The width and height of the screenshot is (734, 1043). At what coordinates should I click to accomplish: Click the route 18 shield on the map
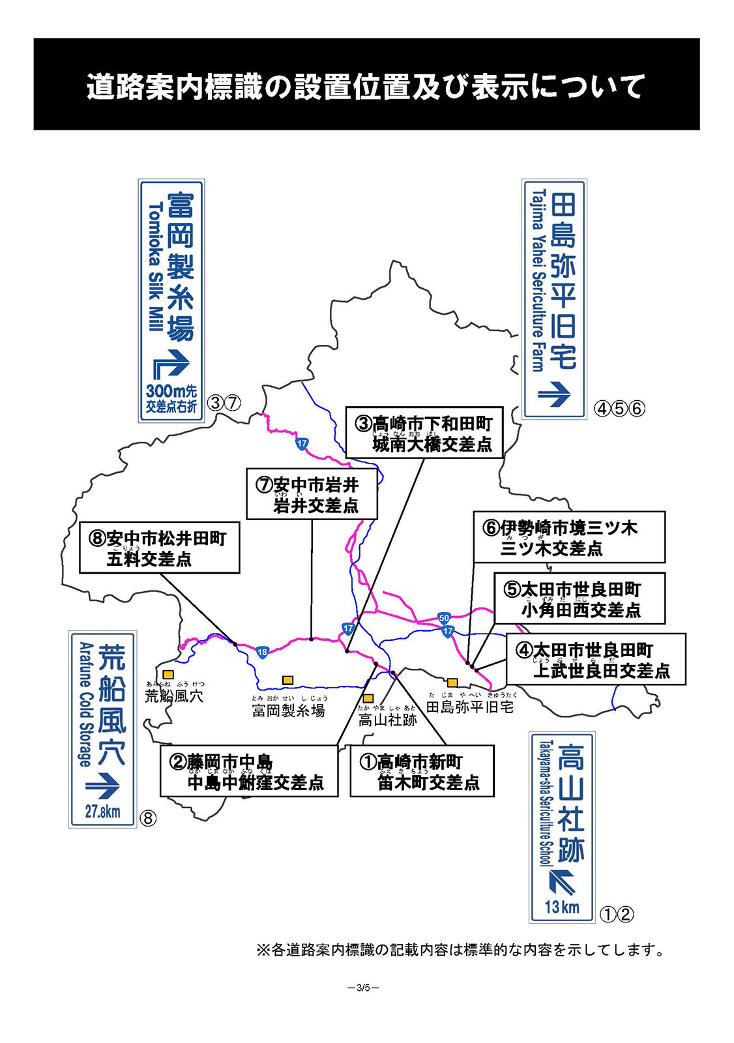click(x=262, y=652)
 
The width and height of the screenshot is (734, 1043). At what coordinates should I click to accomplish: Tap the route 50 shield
click(x=444, y=617)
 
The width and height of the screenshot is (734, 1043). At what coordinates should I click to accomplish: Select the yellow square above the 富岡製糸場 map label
click(x=287, y=680)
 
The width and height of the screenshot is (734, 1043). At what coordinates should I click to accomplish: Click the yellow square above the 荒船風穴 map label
click(x=168, y=674)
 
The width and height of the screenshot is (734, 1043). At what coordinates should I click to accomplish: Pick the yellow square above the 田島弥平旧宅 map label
click(x=452, y=683)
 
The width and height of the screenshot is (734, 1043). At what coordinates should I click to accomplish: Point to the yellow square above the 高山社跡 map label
click(x=368, y=698)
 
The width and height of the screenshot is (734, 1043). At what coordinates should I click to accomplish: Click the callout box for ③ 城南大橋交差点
click(x=424, y=433)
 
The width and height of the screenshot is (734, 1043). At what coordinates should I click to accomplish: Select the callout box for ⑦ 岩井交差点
click(x=312, y=494)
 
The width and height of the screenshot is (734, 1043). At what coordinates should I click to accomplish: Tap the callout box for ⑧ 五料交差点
click(x=160, y=548)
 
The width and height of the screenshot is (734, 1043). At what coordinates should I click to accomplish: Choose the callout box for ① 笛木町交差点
click(x=422, y=772)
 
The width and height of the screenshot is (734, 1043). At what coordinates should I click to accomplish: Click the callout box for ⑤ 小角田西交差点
click(x=580, y=599)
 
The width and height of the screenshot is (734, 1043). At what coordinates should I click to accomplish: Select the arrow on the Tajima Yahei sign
click(x=554, y=393)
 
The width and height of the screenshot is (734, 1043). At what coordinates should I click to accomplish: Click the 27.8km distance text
click(x=103, y=812)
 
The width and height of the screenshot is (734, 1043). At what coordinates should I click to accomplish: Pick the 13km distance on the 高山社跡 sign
click(x=561, y=907)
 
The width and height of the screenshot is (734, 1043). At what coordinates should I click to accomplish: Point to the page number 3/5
click(x=364, y=987)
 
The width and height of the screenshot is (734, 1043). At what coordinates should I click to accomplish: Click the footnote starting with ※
click(x=462, y=950)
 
